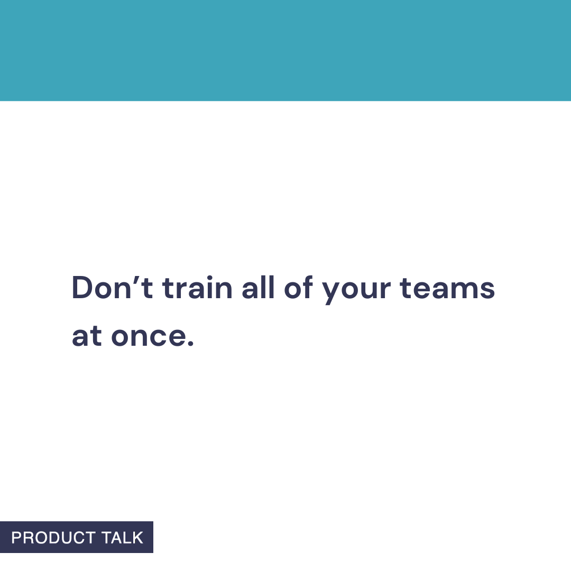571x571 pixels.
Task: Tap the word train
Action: coord(197,289)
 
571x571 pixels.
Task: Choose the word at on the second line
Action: coord(87,337)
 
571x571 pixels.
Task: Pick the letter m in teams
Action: coord(461,291)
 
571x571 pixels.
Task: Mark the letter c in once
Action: coord(159,338)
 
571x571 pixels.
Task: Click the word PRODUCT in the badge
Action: coord(53,538)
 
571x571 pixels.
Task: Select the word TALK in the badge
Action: coord(122,538)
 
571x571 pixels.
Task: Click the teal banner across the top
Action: coord(285,50)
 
